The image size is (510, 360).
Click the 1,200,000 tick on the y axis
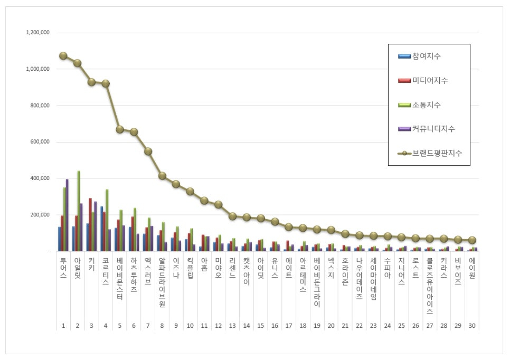37,33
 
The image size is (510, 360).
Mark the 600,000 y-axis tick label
39,142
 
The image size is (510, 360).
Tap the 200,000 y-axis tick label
39,215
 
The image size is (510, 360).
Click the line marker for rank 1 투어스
63,56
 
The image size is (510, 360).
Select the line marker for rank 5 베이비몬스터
120,129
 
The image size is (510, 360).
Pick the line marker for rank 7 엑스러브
148,151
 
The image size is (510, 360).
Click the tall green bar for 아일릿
79,211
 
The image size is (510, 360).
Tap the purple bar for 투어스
67,215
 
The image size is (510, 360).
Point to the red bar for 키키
90,224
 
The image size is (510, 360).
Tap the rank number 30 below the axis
472,326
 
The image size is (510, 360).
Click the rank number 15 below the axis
260,326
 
